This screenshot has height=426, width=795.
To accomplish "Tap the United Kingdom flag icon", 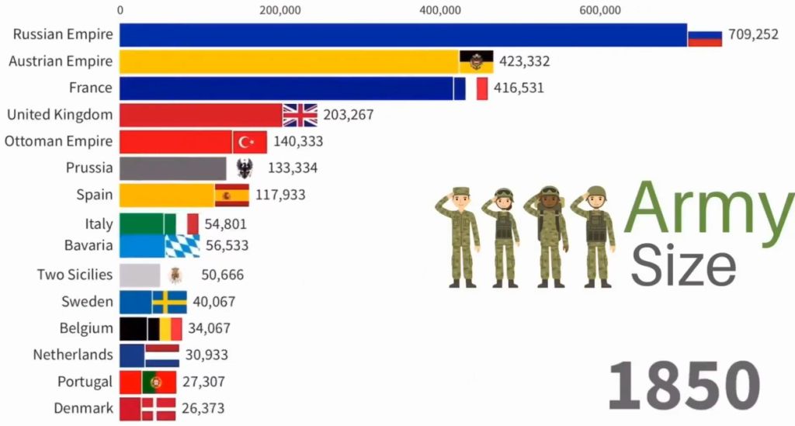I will pyautogui.click(x=300, y=115).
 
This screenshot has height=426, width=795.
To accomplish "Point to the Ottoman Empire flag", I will pyautogui.click(x=249, y=142).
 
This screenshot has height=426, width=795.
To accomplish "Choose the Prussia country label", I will pyautogui.click(x=89, y=168).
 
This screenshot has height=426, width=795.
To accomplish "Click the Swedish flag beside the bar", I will pyautogui.click(x=169, y=302).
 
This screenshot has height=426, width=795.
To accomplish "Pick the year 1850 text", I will pyautogui.click(x=682, y=384).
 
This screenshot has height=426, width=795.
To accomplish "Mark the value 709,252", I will pyautogui.click(x=753, y=35).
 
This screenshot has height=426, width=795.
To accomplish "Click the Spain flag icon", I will pyautogui.click(x=231, y=195).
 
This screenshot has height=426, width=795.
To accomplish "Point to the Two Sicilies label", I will pyautogui.click(x=75, y=275).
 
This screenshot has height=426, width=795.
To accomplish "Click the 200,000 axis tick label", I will pyautogui.click(x=280, y=10).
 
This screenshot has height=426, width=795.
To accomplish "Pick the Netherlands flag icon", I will pyautogui.click(x=162, y=355).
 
